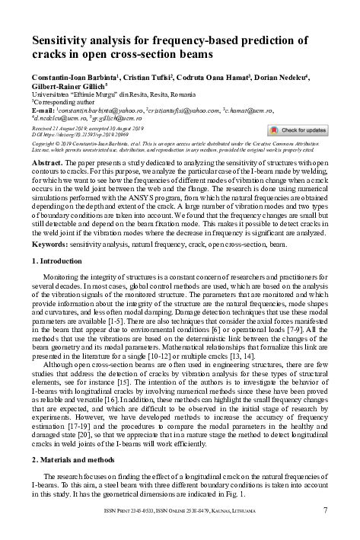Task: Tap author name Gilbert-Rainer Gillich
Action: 64,88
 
